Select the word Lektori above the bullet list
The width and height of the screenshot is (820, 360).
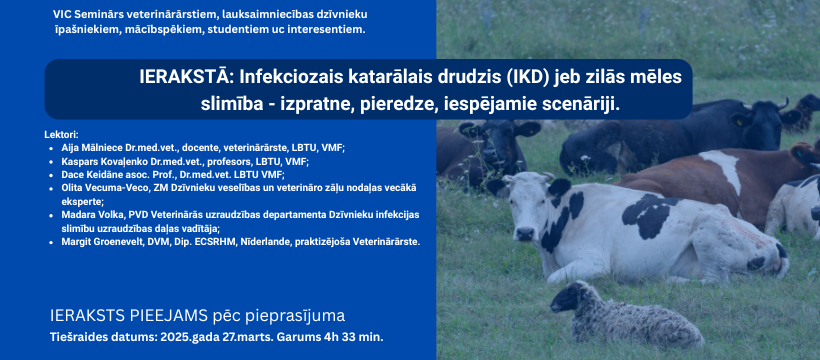61,134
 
